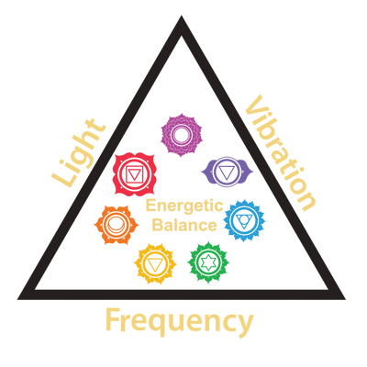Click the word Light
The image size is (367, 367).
(79, 152)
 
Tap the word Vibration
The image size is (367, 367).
(281, 153)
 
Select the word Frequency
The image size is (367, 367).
(180, 322)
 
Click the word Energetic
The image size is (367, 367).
(184, 206)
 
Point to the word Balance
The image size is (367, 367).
(184, 225)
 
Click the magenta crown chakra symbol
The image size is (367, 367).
(182, 135)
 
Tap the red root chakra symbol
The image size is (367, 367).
(134, 173)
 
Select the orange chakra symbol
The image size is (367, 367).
(116, 225)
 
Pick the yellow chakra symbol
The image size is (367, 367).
(155, 263)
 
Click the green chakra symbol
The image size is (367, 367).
(208, 262)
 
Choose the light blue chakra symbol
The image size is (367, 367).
(244, 220)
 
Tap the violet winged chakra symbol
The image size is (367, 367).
(227, 172)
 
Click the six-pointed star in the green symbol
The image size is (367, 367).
(208, 262)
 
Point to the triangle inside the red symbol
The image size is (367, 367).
(133, 174)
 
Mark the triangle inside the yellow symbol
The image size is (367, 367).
(155, 264)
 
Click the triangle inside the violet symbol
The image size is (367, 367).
(227, 172)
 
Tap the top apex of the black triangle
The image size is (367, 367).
(182, 16)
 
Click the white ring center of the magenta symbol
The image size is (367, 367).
(182, 135)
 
